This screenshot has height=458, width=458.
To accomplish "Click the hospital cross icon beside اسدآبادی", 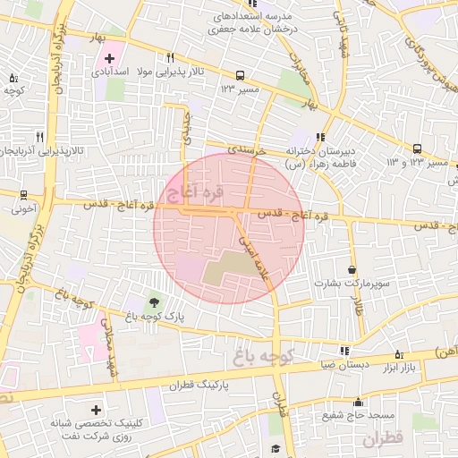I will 109,58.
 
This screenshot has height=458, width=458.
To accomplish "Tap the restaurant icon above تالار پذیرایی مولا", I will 170,58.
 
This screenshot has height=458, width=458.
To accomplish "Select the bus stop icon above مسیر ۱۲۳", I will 239,76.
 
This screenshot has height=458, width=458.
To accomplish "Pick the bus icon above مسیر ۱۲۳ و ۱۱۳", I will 417,148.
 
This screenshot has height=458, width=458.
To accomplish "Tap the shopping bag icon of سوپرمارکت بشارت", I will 352,268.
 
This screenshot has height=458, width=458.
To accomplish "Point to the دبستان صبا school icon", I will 344,351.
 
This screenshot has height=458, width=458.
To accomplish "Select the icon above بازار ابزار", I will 399,353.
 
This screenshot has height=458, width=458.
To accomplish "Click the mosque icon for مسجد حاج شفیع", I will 358,402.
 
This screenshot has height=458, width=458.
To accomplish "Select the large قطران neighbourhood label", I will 385,439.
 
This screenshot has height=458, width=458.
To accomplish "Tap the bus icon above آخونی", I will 23,194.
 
